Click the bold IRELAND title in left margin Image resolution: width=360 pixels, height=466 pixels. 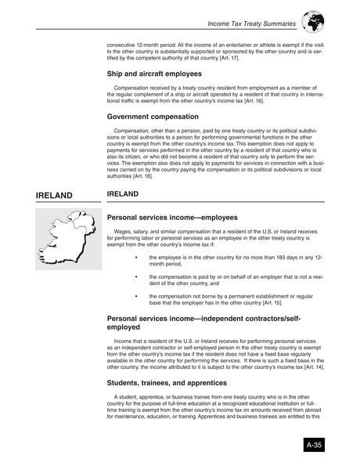(x=54, y=195)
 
